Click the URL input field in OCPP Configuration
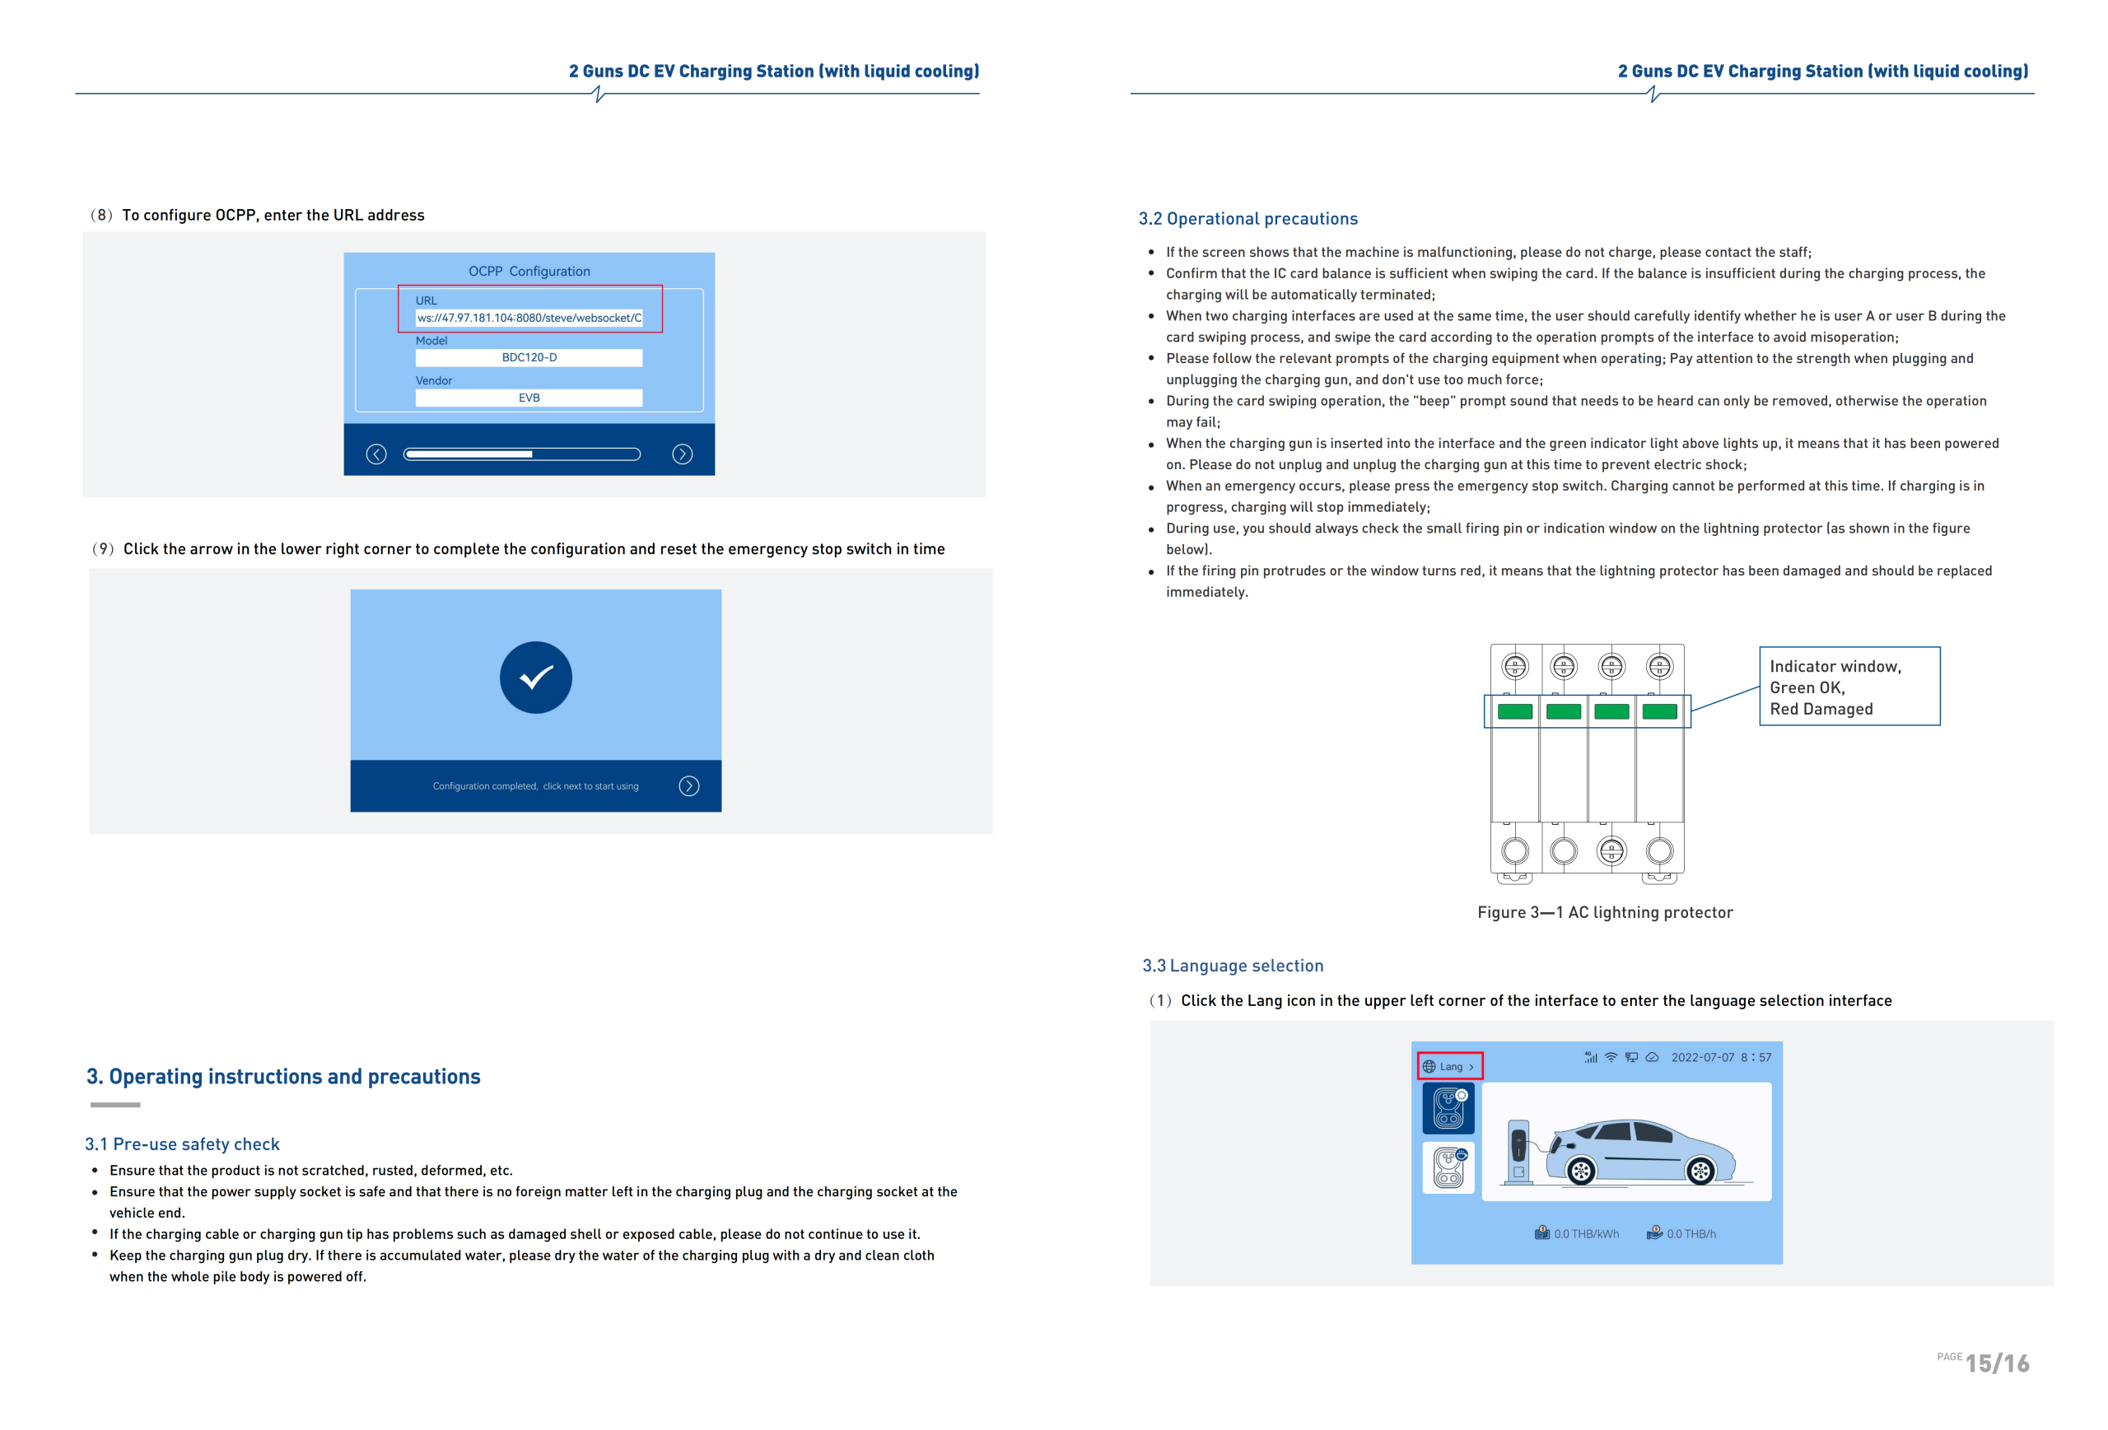pyautogui.click(x=529, y=319)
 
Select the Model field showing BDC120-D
pyautogui.click(x=529, y=358)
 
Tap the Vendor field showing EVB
pyautogui.click(x=529, y=398)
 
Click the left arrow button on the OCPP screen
pyautogui.click(x=376, y=454)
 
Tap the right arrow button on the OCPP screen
pyautogui.click(x=682, y=454)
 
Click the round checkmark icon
pyautogui.click(x=536, y=678)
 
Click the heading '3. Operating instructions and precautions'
pyautogui.click(x=283, y=1076)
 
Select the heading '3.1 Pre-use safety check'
pyautogui.click(x=182, y=1144)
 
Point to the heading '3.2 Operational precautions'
pyautogui.click(x=1248, y=218)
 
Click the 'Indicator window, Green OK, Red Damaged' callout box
pyautogui.click(x=1849, y=687)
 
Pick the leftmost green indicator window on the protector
pyautogui.click(x=1515, y=712)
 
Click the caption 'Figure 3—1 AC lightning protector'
pyautogui.click(x=1605, y=912)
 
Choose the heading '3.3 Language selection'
pyautogui.click(x=1233, y=966)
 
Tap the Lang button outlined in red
pyautogui.click(x=1449, y=1066)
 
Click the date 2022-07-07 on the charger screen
pyautogui.click(x=1703, y=1057)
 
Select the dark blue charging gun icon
pyautogui.click(x=1448, y=1108)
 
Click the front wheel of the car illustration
pyautogui.click(x=1581, y=1171)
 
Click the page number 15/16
pyautogui.click(x=1997, y=1362)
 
